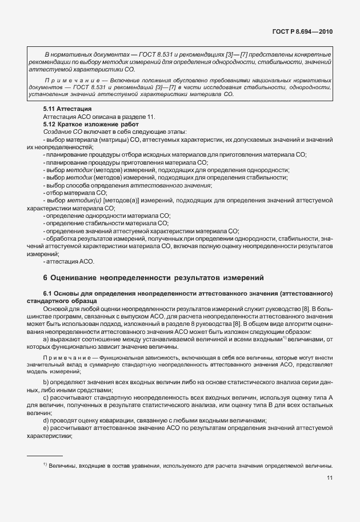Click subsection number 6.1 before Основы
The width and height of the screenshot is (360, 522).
point(48,293)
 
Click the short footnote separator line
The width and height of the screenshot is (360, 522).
point(45,456)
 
